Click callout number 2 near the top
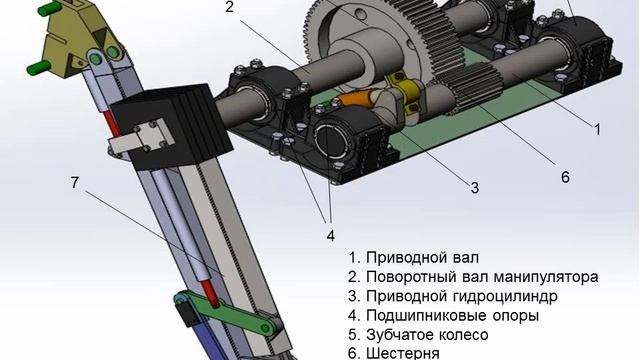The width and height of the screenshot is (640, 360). pyautogui.click(x=229, y=7)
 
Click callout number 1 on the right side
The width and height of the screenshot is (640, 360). pyautogui.click(x=597, y=129)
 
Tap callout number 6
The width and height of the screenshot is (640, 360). pyautogui.click(x=565, y=177)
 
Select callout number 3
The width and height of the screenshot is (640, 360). pyautogui.click(x=474, y=188)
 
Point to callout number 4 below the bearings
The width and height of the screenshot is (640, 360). pyautogui.click(x=331, y=236)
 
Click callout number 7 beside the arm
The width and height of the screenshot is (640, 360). pyautogui.click(x=74, y=182)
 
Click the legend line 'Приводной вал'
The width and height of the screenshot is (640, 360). pyautogui.click(x=413, y=258)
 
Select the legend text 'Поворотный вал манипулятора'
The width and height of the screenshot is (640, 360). pyautogui.click(x=473, y=277)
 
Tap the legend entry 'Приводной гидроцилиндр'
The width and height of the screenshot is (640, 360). pyautogui.click(x=453, y=296)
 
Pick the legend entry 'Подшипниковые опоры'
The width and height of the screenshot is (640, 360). pyautogui.click(x=444, y=316)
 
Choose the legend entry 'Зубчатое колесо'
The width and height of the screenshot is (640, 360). pyautogui.click(x=418, y=335)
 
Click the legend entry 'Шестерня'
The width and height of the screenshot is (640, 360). pyautogui.click(x=394, y=353)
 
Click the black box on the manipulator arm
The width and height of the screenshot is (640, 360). pyautogui.click(x=171, y=126)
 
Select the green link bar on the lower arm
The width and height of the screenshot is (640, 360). pyautogui.click(x=229, y=311)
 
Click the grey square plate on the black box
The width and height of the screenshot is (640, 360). pyautogui.click(x=152, y=136)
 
